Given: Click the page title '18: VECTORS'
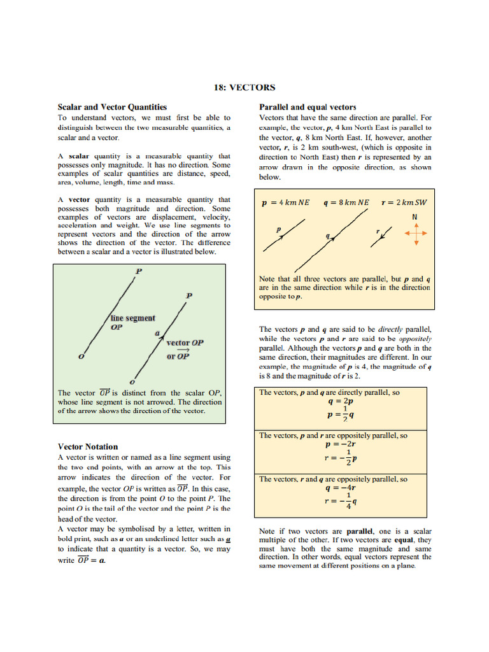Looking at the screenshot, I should click(244, 87).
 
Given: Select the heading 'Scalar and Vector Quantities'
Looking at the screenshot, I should click(112, 107).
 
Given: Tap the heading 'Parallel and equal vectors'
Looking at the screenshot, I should click(308, 107).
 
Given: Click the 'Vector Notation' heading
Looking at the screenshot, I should click(88, 446).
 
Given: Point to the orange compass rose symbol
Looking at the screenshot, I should click(415, 234).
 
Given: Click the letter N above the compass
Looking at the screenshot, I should click(415, 216).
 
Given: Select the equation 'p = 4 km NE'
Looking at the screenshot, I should click(286, 202).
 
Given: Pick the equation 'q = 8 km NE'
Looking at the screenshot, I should click(346, 202).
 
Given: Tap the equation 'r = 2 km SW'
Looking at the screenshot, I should click(404, 202).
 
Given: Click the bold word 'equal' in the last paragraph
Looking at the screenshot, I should click(404, 539).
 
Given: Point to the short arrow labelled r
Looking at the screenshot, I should click(381, 235).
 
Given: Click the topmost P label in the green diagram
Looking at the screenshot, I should click(138, 271).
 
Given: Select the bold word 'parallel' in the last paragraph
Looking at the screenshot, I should click(359, 531).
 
